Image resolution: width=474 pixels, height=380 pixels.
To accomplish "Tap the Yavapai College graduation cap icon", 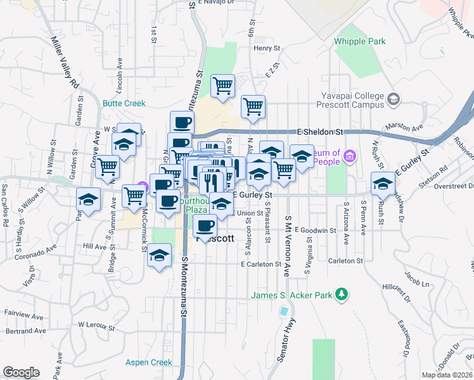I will (394, 99).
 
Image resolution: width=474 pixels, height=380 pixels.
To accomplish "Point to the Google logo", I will (21, 372).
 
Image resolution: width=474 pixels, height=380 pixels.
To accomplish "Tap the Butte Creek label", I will (124, 103).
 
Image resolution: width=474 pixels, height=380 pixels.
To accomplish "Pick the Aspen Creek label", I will (148, 362).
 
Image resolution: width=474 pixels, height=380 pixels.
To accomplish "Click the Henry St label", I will (266, 47).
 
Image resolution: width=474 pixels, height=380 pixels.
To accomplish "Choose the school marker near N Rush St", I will (382, 183).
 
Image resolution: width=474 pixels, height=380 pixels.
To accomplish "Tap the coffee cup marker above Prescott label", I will (205, 225).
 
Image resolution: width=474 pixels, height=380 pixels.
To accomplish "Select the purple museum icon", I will (350, 155).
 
